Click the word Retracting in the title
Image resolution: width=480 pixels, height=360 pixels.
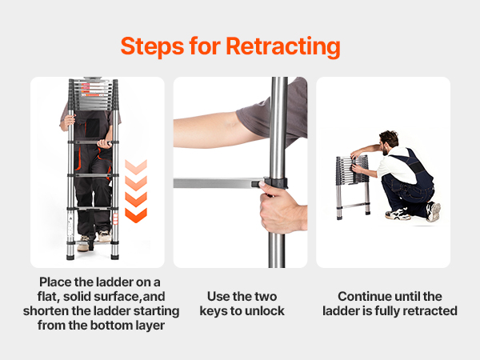tap(283, 47)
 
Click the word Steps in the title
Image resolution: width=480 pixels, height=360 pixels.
tap(152, 46)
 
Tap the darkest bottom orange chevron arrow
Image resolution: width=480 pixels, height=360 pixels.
tap(136, 215)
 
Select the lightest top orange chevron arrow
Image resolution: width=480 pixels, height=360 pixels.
tap(136, 167)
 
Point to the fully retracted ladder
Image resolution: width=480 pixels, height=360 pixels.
tap(353, 186)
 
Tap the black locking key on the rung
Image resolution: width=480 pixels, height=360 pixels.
tap(257, 184)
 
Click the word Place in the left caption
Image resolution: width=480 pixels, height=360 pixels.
tap(55, 282)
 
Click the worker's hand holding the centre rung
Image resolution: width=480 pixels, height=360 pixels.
tap(104, 144)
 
